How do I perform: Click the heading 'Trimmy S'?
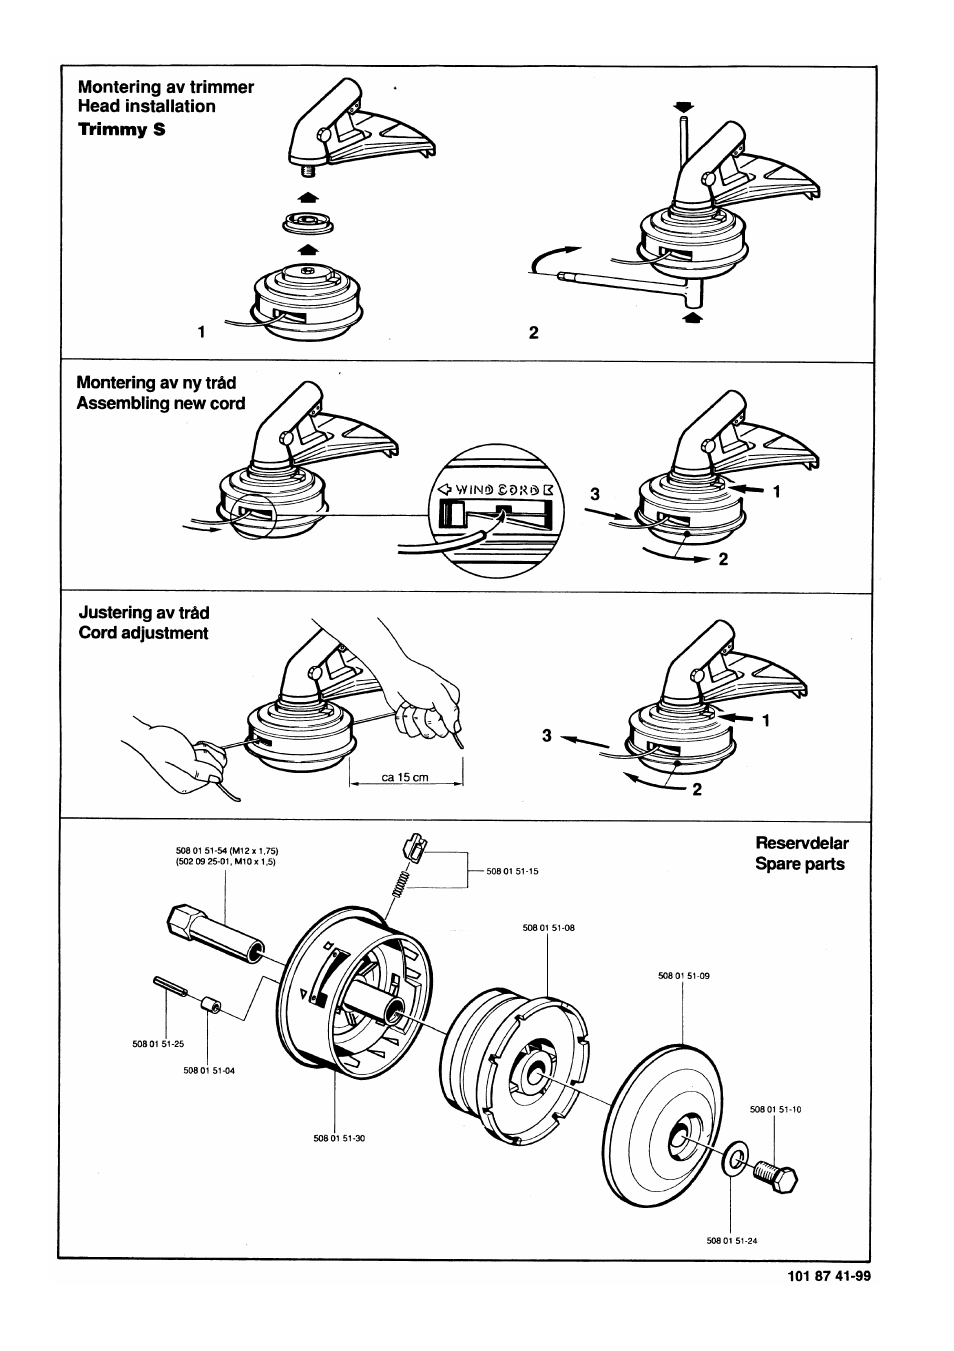click(121, 129)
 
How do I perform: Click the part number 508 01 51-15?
click(512, 872)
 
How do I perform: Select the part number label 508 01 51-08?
click(548, 928)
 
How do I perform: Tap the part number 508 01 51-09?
click(683, 975)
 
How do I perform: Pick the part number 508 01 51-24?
click(732, 1242)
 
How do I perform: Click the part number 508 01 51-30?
click(339, 1138)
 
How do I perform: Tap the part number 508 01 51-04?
click(209, 1070)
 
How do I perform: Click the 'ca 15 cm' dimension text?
click(405, 777)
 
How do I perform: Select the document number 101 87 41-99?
click(822, 1276)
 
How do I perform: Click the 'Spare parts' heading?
click(799, 864)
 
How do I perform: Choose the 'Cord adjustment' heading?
click(143, 633)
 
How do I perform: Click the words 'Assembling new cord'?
click(160, 403)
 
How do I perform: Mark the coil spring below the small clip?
click(402, 882)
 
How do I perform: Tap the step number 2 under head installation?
click(533, 333)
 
